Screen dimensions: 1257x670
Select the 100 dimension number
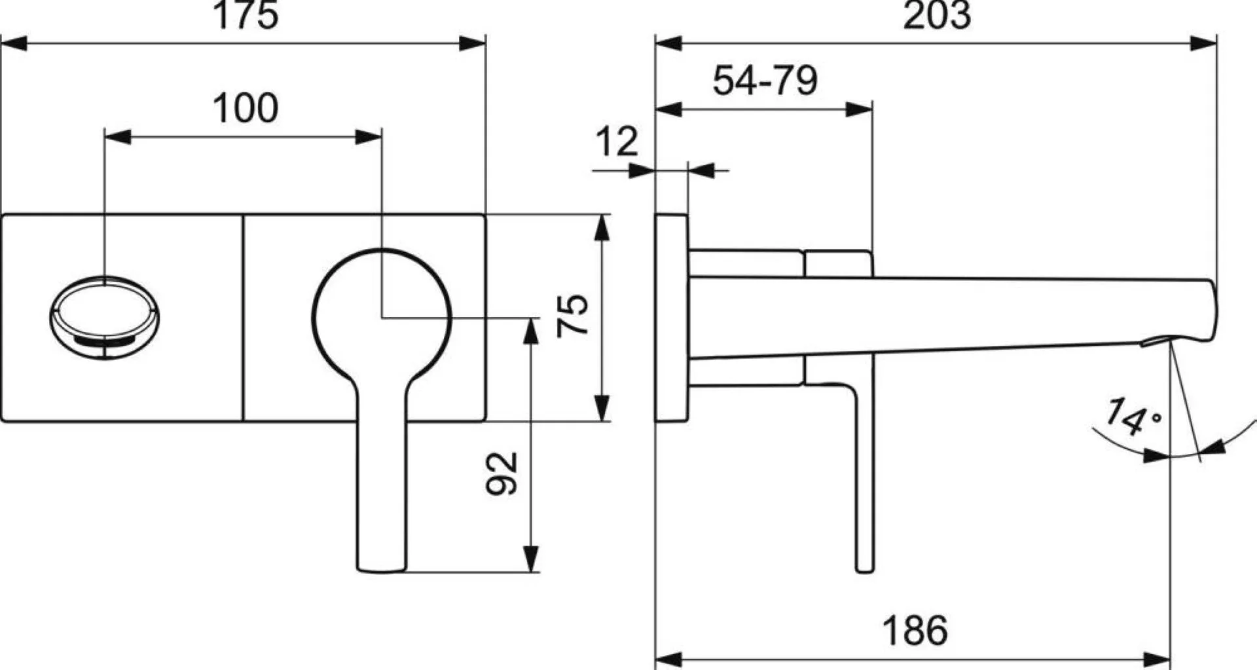246,108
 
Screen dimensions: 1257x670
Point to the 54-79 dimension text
765,81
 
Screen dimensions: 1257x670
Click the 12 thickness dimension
616,141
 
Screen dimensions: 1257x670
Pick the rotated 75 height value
573,316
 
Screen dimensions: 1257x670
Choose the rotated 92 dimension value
502,473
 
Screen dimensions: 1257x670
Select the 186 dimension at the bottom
915,631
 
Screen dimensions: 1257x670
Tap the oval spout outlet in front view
103,317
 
